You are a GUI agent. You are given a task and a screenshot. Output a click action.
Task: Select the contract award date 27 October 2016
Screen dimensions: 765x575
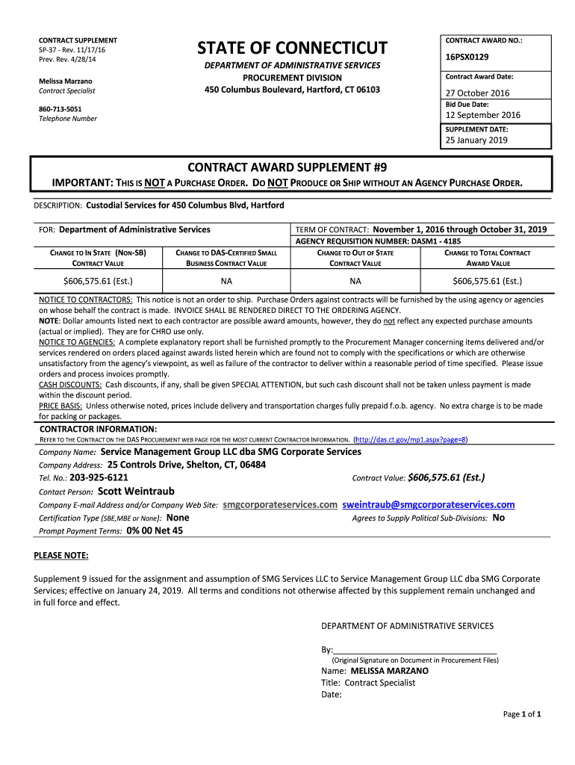[477, 93]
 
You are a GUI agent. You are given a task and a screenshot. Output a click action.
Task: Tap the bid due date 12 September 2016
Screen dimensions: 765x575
[482, 115]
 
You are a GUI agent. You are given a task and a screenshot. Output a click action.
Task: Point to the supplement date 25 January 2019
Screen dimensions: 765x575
[476, 140]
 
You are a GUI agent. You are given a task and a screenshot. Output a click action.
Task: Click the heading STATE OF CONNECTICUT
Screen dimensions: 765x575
[292, 49]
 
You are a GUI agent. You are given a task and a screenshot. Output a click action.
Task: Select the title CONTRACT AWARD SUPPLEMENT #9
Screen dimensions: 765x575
[292, 167]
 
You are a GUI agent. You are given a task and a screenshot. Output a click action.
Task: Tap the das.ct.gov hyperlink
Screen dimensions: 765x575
[411, 440]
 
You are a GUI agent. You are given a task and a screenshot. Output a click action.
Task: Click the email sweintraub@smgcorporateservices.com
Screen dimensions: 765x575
[429, 505]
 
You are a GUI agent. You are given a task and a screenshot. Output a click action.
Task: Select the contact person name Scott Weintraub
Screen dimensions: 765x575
[136, 492]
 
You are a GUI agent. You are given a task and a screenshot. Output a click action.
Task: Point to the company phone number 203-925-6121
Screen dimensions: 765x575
[99, 477]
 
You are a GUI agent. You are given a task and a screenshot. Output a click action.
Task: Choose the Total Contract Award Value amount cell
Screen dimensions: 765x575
[487, 282]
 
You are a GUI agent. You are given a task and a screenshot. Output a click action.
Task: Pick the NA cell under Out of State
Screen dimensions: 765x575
[355, 282]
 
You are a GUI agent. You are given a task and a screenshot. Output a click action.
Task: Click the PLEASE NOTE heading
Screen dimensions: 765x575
[61, 556]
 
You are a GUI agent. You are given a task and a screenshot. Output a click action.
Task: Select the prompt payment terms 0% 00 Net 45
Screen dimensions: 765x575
[155, 530]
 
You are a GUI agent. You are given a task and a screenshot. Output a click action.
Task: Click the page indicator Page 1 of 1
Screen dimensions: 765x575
[522, 714]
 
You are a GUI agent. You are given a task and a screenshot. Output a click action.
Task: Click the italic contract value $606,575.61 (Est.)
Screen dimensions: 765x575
[446, 477]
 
